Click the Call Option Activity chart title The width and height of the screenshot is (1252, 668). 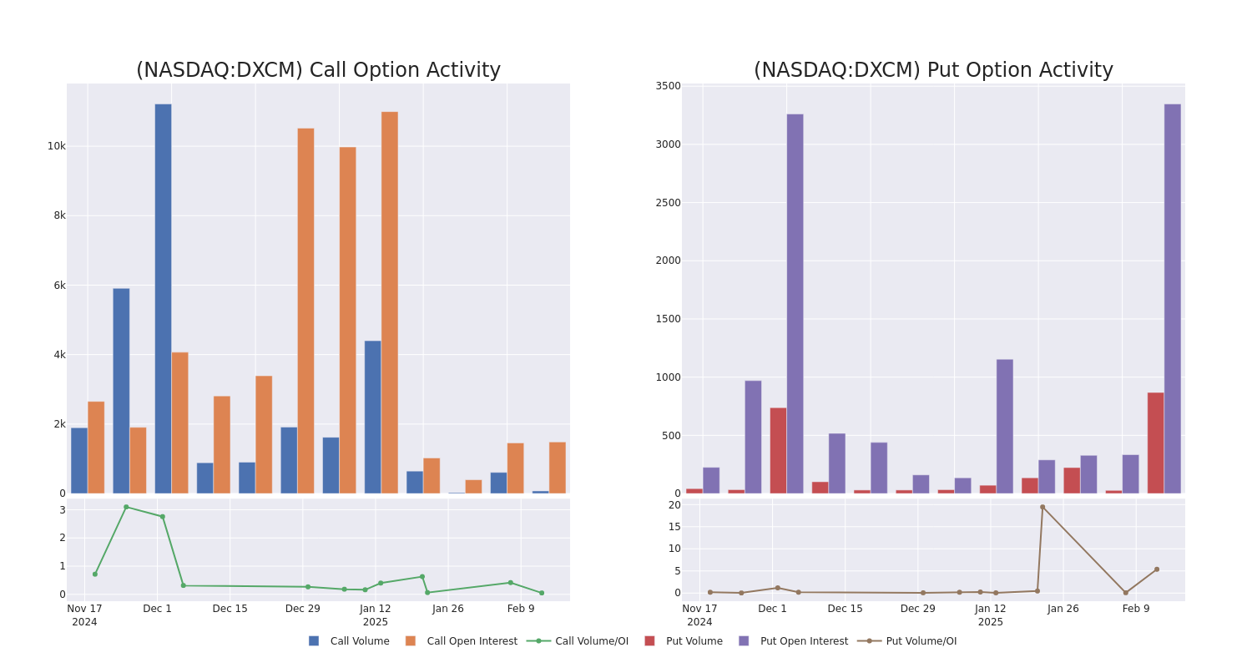pos(318,71)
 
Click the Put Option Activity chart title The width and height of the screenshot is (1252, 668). pos(933,71)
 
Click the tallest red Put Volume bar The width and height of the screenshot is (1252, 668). pos(1155,443)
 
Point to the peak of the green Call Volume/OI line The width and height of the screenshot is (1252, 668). pos(126,507)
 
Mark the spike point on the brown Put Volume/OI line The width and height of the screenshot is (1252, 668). pos(1042,507)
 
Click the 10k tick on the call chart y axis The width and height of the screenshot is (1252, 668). pos(56,146)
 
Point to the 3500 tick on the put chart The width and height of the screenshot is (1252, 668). pos(668,86)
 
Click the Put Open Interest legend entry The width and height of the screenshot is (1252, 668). pos(803,641)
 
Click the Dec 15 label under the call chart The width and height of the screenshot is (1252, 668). pos(230,609)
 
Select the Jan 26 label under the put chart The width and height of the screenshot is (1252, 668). pos(1063,609)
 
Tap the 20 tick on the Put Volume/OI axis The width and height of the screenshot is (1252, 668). pos(674,505)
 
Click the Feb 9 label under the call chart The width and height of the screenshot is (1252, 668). pos(521,609)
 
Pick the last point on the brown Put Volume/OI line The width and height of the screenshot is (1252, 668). pos(1157,569)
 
